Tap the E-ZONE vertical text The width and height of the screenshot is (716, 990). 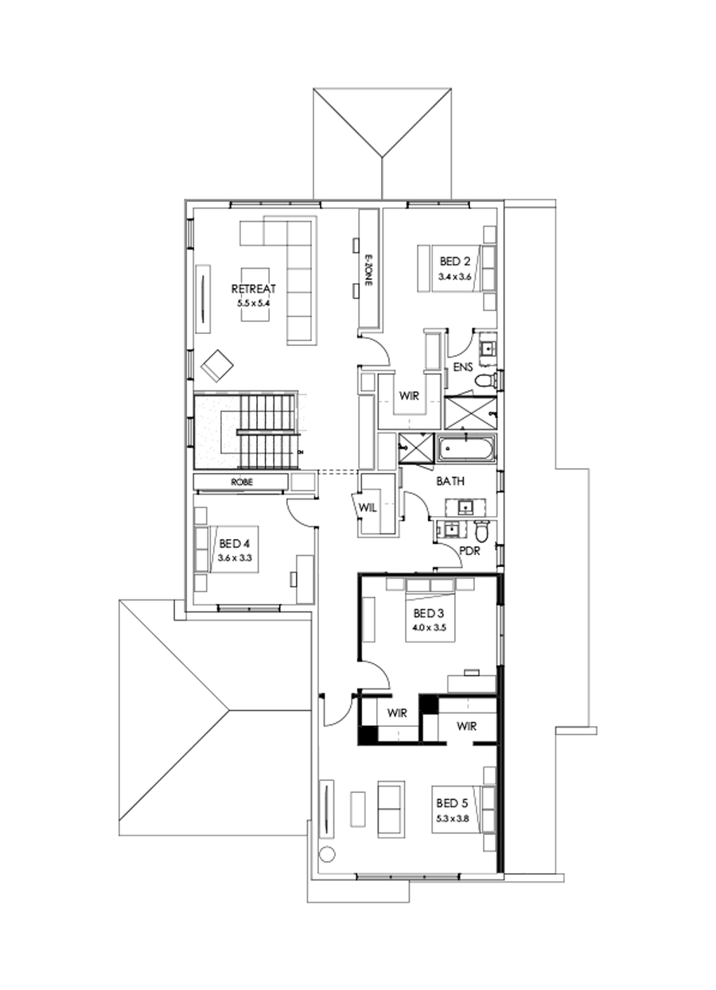point(368,271)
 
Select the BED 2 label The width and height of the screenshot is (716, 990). point(455,261)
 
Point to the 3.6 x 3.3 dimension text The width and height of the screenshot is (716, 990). point(235,558)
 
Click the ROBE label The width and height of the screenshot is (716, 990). point(241,482)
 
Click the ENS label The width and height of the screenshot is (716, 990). point(464,367)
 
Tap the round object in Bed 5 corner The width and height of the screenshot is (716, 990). point(327,855)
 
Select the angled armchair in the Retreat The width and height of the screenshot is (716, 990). point(217,365)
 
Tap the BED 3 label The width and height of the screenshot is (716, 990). point(429,614)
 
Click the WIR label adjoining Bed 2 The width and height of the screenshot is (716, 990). point(410,394)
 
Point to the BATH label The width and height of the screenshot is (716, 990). point(450,481)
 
